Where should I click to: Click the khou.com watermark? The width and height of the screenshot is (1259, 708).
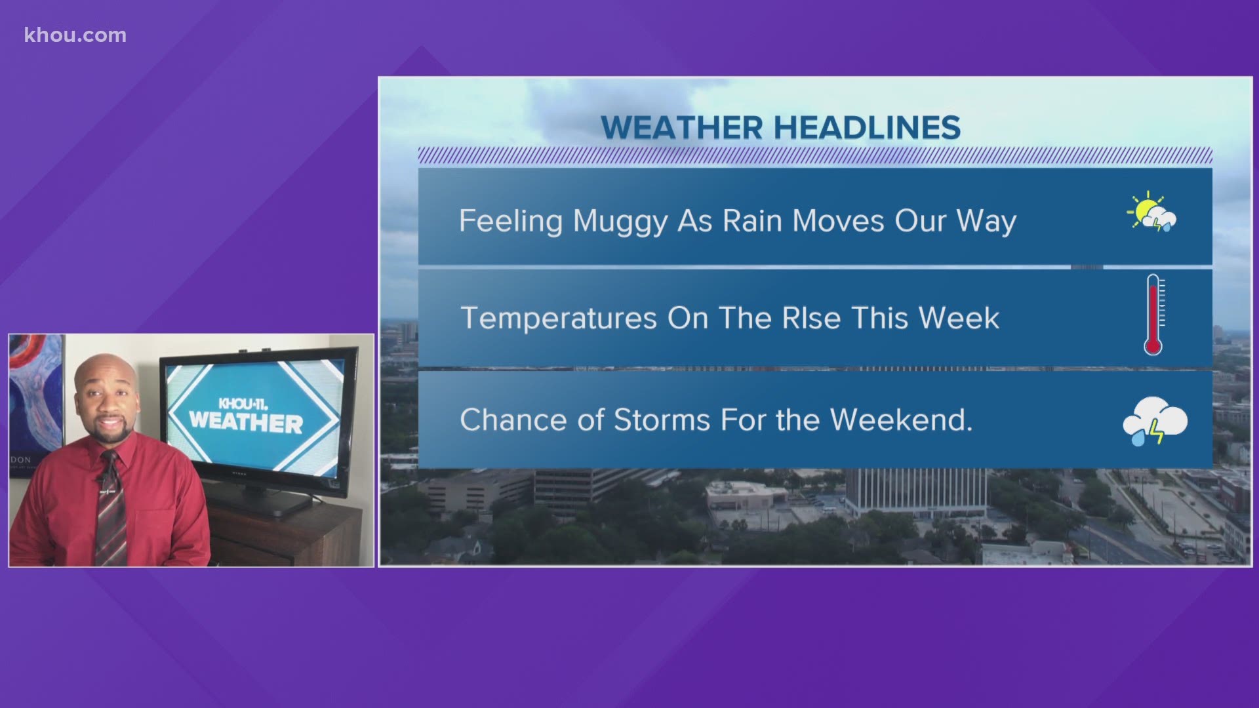75,35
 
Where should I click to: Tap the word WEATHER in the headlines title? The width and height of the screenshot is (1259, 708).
682,127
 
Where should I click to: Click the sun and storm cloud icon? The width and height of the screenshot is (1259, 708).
1152,212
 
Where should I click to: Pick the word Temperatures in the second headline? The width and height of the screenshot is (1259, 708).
559,319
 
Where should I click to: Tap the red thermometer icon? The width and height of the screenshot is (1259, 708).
1154,315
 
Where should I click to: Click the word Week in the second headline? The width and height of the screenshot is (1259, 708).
959,318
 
